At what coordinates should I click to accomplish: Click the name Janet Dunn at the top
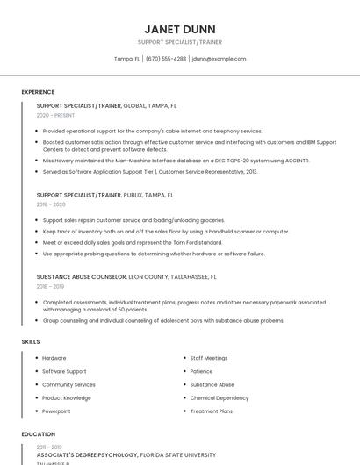click(x=179, y=29)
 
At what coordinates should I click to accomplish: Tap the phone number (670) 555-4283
click(x=166, y=59)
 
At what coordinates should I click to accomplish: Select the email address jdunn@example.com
click(x=219, y=59)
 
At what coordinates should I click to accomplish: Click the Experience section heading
click(x=38, y=92)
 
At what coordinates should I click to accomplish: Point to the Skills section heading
click(x=30, y=341)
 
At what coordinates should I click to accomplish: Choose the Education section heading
click(x=39, y=433)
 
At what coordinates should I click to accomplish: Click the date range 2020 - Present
click(x=55, y=115)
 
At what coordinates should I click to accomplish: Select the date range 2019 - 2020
click(x=52, y=204)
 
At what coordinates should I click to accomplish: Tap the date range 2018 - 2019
click(x=51, y=286)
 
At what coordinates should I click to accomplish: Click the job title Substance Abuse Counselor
click(x=82, y=276)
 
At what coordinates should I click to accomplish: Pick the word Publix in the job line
click(x=133, y=195)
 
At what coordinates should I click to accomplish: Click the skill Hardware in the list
click(x=54, y=358)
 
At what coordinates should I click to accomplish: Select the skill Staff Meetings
click(x=209, y=358)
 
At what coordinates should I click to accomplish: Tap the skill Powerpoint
click(x=56, y=411)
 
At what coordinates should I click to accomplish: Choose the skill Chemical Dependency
click(x=220, y=397)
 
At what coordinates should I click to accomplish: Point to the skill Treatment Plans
click(x=212, y=411)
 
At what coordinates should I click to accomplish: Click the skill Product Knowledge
click(x=67, y=397)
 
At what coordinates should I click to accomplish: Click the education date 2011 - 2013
click(x=50, y=447)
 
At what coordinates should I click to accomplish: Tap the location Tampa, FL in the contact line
click(x=127, y=59)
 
